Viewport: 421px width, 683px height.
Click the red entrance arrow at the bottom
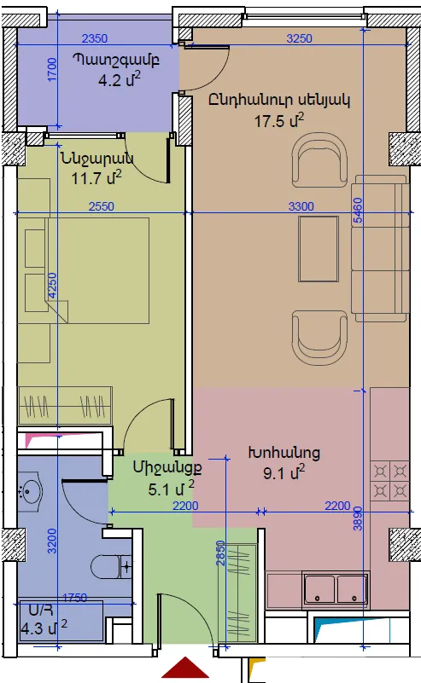tap(185, 669)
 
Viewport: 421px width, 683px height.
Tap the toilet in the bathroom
tap(111, 567)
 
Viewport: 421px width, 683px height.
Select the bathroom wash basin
tap(30, 492)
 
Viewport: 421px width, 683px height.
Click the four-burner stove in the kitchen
tap(389, 480)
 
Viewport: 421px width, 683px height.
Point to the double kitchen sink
tap(336, 590)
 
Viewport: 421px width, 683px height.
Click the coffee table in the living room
tap(319, 249)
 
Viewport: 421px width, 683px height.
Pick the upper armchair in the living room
tap(319, 159)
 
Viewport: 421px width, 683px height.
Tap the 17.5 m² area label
tap(279, 120)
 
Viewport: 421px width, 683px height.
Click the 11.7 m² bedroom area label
tap(96, 177)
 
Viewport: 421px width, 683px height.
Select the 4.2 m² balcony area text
tap(119, 80)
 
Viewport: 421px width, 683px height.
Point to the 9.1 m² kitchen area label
tap(284, 472)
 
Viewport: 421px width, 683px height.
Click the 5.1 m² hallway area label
tap(171, 489)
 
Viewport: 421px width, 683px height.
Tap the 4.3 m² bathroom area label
tap(44, 628)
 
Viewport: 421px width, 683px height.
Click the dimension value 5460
tap(357, 211)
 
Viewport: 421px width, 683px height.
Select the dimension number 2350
tap(95, 38)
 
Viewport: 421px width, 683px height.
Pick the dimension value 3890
tap(358, 518)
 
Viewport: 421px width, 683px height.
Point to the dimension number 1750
tap(74, 598)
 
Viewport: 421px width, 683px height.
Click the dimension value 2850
tap(221, 553)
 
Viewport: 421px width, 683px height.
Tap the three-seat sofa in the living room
tap(380, 248)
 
